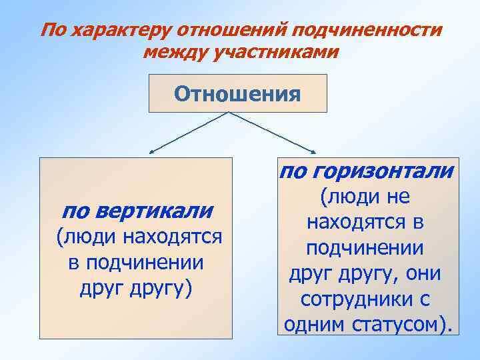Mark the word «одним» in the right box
[312, 326]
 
